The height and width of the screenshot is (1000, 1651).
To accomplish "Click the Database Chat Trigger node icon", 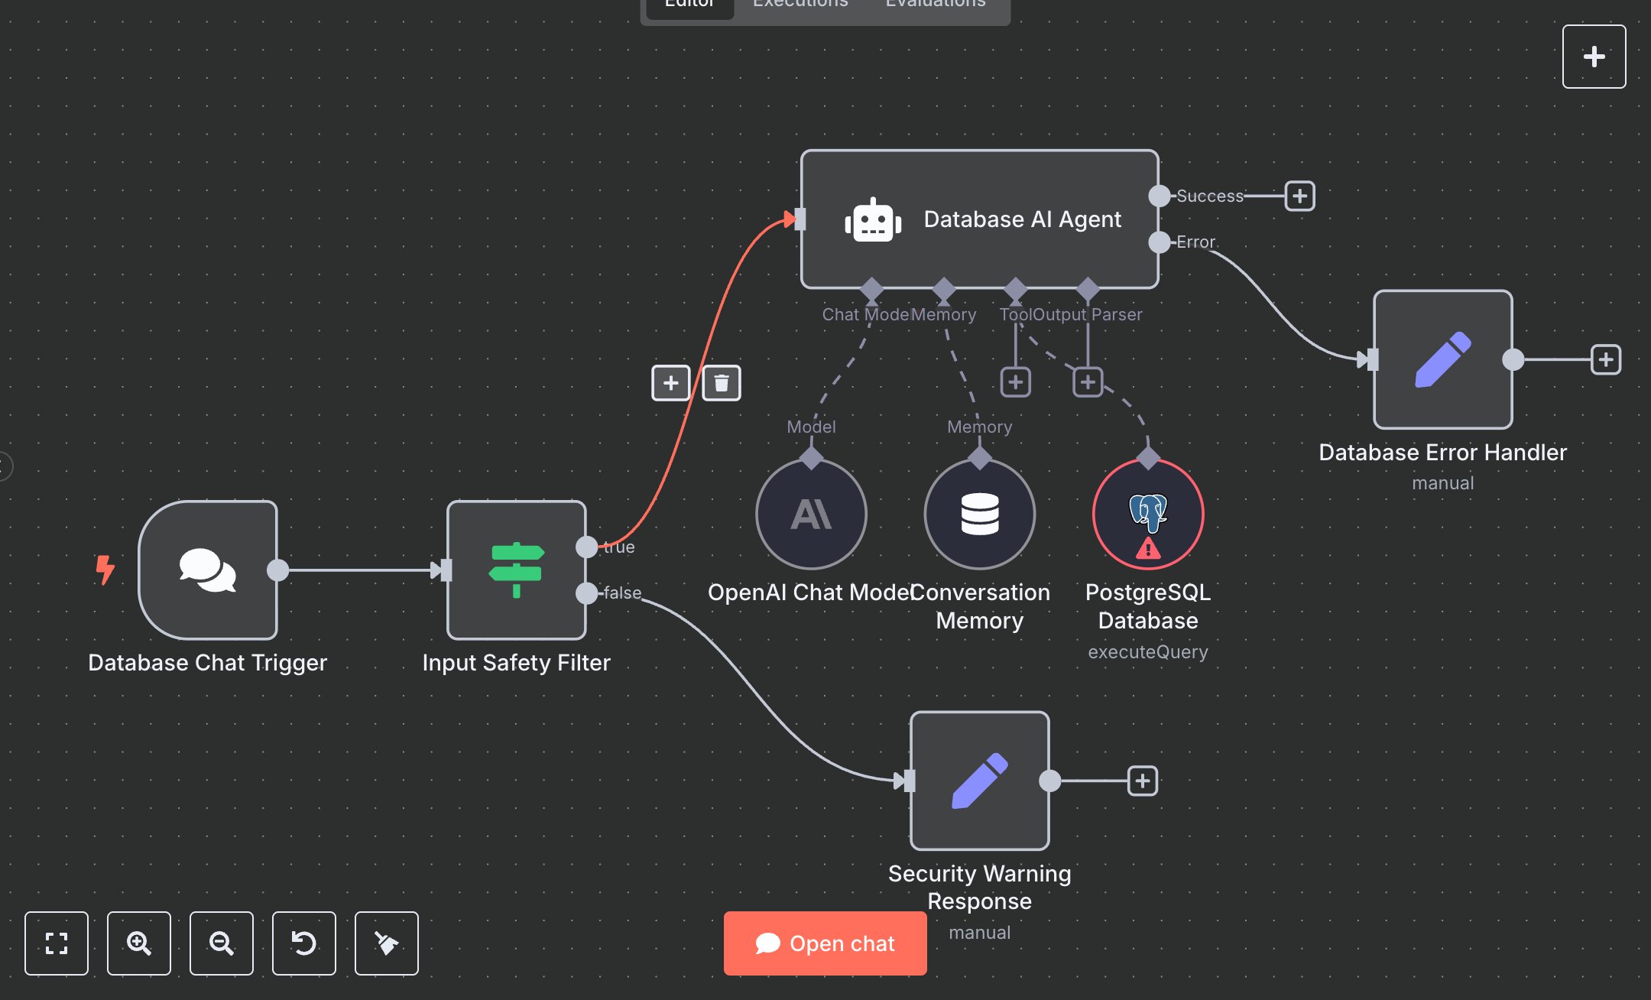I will (x=207, y=570).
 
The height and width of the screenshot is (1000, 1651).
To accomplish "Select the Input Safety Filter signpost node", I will (x=517, y=570).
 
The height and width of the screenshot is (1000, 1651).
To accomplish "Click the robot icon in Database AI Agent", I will (x=873, y=220).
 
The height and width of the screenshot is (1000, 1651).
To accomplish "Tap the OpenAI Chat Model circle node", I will (x=811, y=514).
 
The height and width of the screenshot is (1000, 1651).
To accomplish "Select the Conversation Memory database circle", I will (x=979, y=514).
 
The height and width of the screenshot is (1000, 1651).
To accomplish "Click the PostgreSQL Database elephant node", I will (x=1147, y=508).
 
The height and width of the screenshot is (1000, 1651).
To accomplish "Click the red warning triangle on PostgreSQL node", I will (x=1147, y=549).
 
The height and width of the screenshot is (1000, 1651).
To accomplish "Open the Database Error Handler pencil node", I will (x=1442, y=359).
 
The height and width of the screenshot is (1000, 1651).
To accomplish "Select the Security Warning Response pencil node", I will (x=979, y=781).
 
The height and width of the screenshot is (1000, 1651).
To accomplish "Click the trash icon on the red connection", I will (x=721, y=383).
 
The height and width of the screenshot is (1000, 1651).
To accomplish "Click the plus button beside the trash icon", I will (x=670, y=383).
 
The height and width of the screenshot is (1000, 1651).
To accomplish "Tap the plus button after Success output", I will (x=1299, y=196).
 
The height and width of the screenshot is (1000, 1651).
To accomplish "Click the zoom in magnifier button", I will (x=139, y=943).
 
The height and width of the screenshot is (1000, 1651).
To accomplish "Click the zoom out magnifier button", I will (x=222, y=943).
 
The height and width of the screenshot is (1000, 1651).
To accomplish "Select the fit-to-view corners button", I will (x=57, y=943).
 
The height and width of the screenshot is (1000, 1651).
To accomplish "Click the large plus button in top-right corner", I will (x=1594, y=57).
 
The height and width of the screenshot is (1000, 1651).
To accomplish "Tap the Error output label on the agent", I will (x=1195, y=242).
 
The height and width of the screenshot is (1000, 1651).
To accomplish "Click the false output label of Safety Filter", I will (x=622, y=593).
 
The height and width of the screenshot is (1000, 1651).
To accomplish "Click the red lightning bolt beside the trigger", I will (x=105, y=570).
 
